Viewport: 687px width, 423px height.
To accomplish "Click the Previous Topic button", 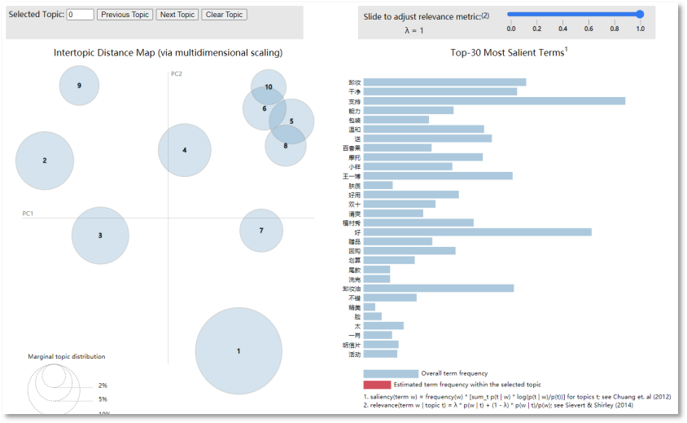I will (x=125, y=15).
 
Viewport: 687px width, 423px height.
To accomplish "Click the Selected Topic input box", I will (x=80, y=15).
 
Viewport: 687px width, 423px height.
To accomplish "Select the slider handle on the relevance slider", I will (x=640, y=14).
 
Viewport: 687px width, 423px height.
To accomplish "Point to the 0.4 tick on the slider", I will (x=562, y=29).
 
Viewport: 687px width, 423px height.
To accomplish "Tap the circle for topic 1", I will (x=238, y=350).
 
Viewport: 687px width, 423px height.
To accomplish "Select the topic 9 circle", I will (x=79, y=86).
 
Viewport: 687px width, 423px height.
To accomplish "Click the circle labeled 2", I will (x=45, y=161).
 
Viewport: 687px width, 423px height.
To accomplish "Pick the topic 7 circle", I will (x=261, y=231).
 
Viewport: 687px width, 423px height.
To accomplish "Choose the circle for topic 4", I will (x=185, y=150).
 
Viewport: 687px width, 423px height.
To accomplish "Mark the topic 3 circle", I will (x=100, y=236).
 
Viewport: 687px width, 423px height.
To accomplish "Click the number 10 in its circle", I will (x=269, y=87).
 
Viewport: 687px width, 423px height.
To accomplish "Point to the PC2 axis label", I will (x=176, y=74).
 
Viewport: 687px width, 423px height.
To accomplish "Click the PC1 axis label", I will (x=28, y=214).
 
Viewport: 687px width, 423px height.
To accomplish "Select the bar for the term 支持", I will (x=494, y=101).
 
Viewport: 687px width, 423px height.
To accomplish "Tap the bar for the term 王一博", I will (x=438, y=176).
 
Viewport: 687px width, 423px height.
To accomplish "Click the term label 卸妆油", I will (x=351, y=289).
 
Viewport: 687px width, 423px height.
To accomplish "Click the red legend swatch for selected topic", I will (x=377, y=384).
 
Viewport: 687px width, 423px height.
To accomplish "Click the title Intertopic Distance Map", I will (x=168, y=53).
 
